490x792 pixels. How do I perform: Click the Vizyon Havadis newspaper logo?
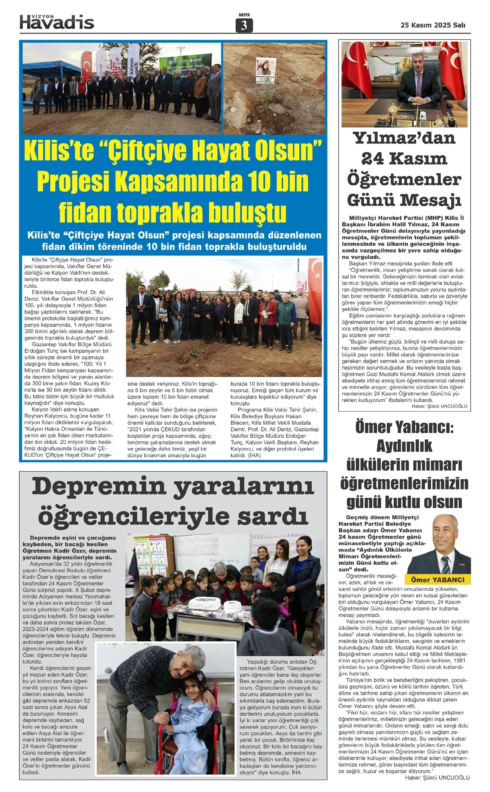pyautogui.click(x=57, y=22)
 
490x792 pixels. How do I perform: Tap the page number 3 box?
pyautogui.click(x=244, y=26)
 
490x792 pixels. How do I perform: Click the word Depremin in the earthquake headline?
pyautogui.click(x=98, y=486)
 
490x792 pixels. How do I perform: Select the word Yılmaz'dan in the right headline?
pyautogui.click(x=404, y=138)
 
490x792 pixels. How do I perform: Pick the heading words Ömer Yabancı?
pyautogui.click(x=404, y=427)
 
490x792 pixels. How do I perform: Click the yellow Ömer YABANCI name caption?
pyautogui.click(x=437, y=579)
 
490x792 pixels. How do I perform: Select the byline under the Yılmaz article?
pyautogui.click(x=439, y=406)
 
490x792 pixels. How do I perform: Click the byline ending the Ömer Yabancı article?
pyautogui.click(x=437, y=778)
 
